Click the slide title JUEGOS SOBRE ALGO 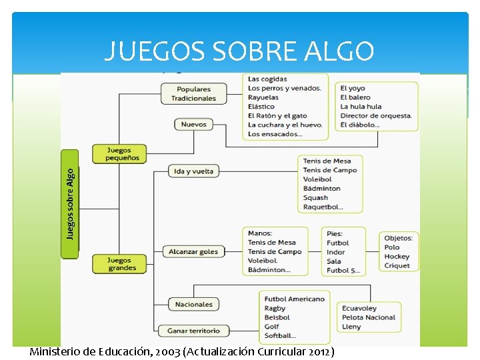(239, 51)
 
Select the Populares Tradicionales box (193, 94)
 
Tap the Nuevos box (193, 125)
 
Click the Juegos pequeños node (119, 154)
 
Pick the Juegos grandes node (122, 264)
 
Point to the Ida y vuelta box (193, 171)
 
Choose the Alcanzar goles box (193, 252)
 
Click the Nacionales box (193, 305)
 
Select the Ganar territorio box (193, 331)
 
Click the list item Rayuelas (263, 97)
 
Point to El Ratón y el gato (277, 116)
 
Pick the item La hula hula (361, 107)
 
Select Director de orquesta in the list (376, 115)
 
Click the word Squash (315, 198)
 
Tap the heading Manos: (260, 233)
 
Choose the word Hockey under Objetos (397, 257)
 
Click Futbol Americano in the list (294, 299)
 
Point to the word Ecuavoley (359, 309)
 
